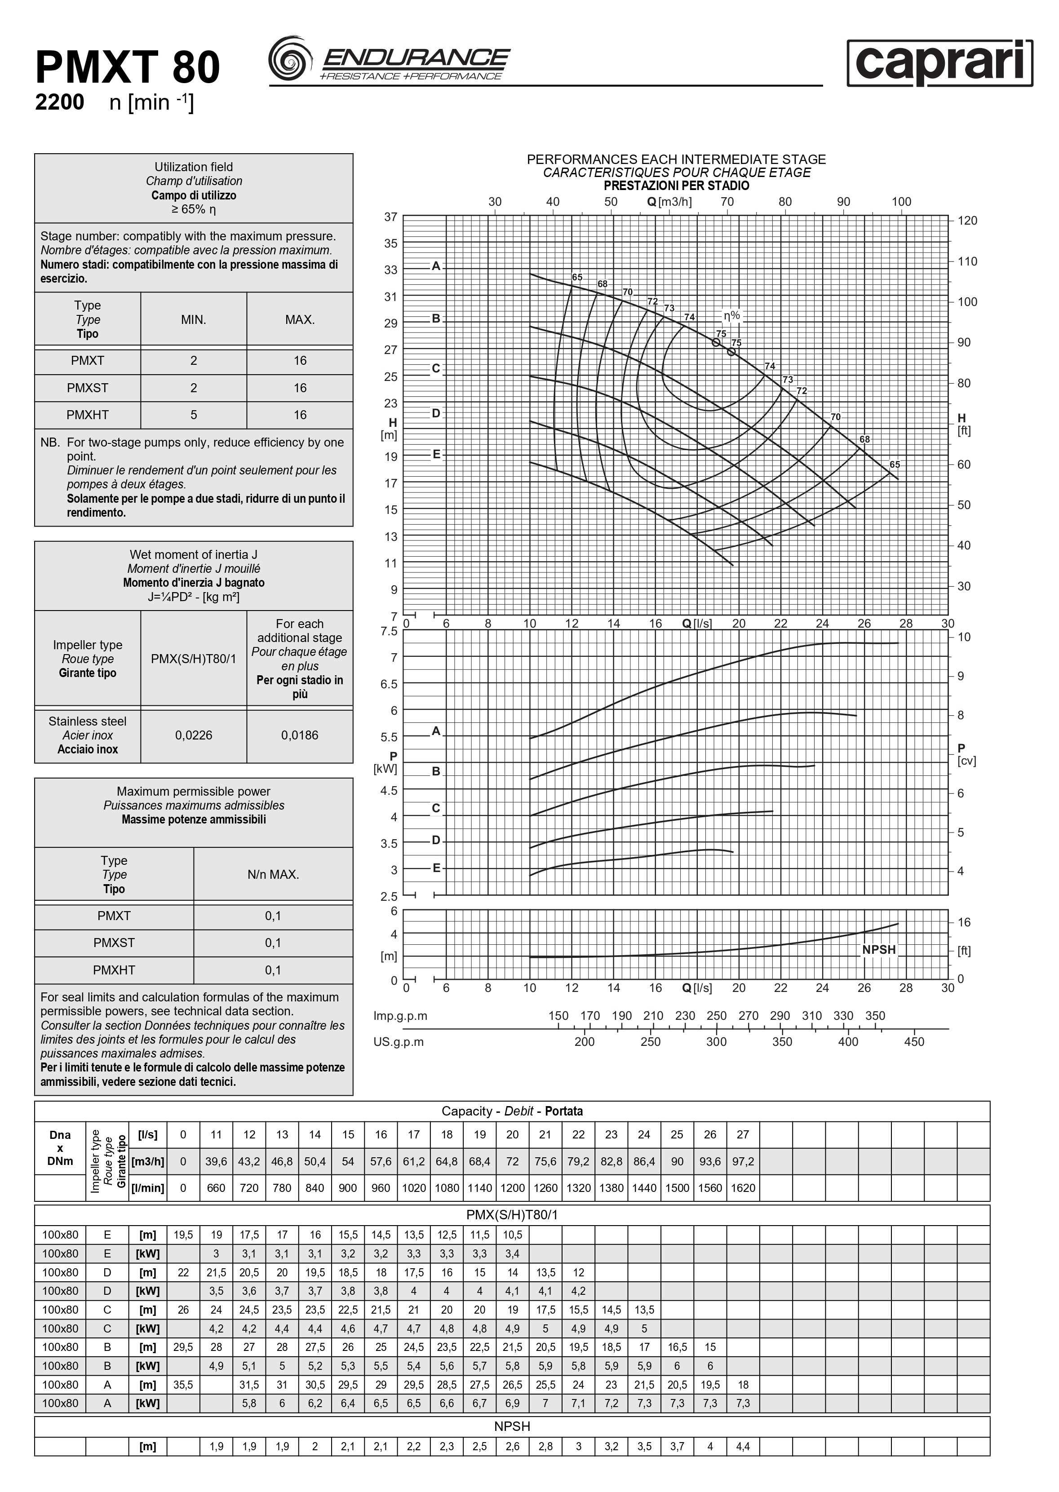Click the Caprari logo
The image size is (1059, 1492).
pos(939,63)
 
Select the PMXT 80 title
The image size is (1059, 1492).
pos(128,68)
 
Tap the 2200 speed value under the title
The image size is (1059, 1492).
pos(59,103)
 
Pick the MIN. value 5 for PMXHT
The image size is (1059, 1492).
pos(194,415)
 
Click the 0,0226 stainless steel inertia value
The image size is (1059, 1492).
pos(194,735)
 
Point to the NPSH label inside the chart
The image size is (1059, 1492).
pos(878,949)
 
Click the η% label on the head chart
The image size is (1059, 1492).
pos(731,316)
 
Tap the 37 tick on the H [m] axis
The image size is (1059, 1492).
pos(390,217)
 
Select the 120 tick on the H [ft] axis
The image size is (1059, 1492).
pos(968,221)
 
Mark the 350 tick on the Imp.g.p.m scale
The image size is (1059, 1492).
pos(875,1015)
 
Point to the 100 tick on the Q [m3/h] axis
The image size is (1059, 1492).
pos(901,202)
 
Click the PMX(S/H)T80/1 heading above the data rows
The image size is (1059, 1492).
pos(512,1215)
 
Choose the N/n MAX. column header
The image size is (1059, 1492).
pos(273,874)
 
